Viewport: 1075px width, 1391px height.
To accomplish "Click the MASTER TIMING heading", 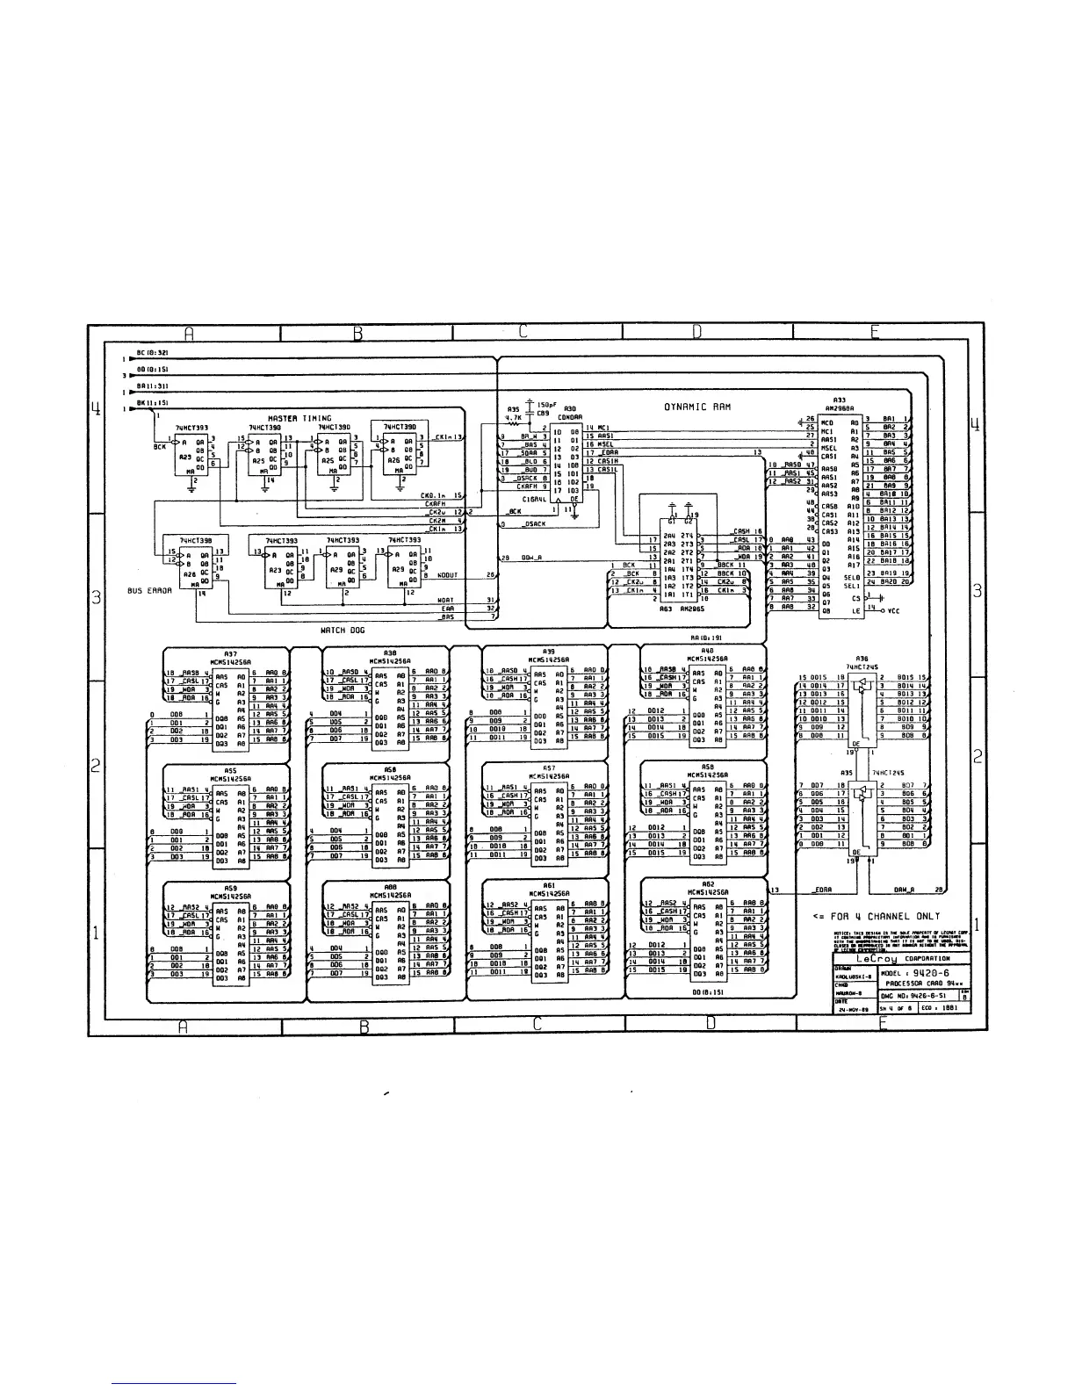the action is pos(299,419).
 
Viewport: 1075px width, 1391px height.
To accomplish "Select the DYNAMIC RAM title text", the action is pos(697,407).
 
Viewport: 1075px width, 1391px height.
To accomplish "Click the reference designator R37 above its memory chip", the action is pos(230,653).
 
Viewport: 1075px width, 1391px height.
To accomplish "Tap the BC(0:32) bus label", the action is pos(152,352).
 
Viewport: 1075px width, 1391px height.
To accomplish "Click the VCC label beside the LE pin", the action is pos(893,610).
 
